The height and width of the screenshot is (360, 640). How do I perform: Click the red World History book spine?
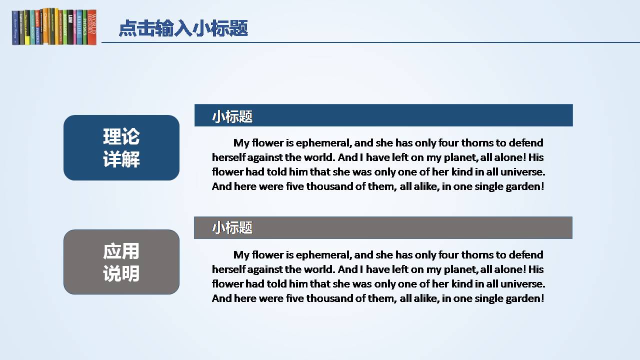click(x=91, y=27)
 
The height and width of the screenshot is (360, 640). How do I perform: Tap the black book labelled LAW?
click(x=70, y=27)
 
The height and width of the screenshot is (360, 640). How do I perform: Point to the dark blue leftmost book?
click(x=15, y=27)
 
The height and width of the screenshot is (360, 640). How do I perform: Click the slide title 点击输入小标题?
click(x=183, y=28)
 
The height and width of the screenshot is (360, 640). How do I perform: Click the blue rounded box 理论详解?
click(x=121, y=147)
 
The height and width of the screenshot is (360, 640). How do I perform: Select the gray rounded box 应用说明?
click(x=121, y=262)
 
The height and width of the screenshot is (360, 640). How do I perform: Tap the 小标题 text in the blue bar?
click(x=232, y=116)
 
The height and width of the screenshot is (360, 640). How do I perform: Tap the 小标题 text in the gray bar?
click(x=232, y=227)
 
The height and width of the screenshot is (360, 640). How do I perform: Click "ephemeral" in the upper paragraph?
click(x=323, y=143)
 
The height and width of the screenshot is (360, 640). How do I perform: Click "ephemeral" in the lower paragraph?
click(x=323, y=255)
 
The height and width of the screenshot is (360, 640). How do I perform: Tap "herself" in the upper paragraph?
click(x=228, y=157)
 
